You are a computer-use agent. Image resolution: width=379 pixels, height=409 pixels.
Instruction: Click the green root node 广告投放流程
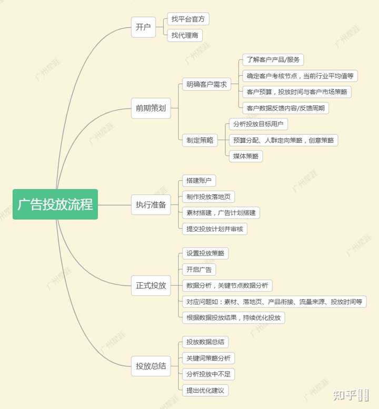click(55, 204)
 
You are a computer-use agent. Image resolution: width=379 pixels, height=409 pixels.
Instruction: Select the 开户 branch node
click(143, 27)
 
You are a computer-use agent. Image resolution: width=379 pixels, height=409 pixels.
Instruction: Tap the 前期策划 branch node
click(151, 108)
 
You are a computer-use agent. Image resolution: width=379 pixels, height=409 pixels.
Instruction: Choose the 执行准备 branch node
click(151, 205)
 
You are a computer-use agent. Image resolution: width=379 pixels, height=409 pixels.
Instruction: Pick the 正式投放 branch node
click(151, 285)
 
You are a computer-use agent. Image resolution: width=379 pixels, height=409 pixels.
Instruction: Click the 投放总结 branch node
click(151, 366)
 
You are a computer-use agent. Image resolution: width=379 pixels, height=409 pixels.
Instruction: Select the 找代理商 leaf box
click(185, 35)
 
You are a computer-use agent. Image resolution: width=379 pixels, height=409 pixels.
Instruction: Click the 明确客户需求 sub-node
click(206, 84)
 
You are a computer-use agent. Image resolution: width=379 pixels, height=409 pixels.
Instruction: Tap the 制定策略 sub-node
click(200, 140)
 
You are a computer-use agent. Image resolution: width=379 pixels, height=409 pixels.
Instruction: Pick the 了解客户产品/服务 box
click(273, 60)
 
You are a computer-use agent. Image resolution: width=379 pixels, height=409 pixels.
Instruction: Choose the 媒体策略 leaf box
click(246, 156)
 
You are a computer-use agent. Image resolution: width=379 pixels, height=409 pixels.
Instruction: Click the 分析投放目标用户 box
click(258, 124)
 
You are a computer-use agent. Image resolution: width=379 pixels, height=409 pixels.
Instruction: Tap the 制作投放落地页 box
click(208, 197)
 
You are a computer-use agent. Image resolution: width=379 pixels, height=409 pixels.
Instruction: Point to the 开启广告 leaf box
click(198, 270)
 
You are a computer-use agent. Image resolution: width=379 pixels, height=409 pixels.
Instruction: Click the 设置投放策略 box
click(205, 253)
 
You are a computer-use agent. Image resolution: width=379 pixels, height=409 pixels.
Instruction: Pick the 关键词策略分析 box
click(208, 358)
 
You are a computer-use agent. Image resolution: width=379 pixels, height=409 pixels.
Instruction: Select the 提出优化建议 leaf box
click(205, 390)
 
